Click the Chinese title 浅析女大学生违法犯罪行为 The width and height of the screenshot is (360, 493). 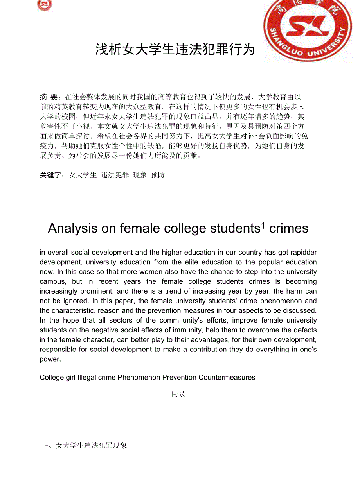click(175, 50)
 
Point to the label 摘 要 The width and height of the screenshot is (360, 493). click(50, 97)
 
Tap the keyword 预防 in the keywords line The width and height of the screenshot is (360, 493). click(158, 175)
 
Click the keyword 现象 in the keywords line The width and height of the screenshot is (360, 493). click(140, 175)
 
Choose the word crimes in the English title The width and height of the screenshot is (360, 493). click(289, 228)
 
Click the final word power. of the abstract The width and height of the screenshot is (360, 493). click(50, 359)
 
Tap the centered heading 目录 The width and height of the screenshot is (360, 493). click(178, 394)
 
